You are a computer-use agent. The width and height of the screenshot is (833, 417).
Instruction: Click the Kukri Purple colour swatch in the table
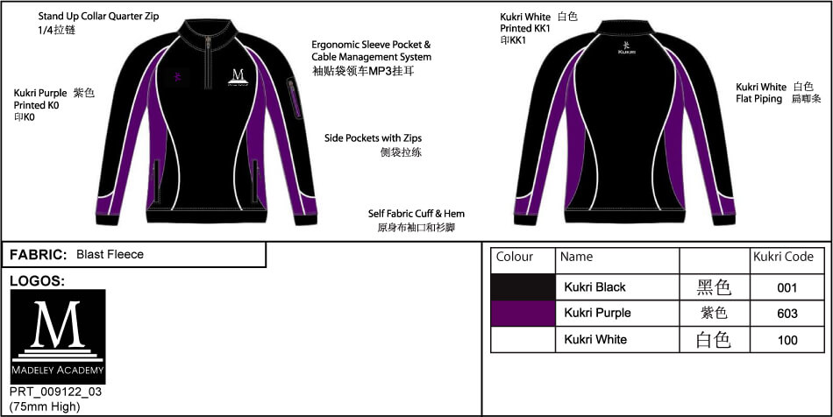[523, 313]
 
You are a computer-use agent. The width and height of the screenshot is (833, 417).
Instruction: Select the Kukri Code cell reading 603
[787, 314]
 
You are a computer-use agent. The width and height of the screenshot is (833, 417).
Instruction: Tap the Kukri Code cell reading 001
[787, 287]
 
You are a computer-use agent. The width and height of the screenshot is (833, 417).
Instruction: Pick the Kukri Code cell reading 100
[787, 340]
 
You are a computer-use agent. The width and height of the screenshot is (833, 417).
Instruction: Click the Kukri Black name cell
[595, 287]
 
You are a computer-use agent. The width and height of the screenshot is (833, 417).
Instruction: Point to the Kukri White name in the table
[595, 340]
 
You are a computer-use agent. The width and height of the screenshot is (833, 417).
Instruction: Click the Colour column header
[514, 257]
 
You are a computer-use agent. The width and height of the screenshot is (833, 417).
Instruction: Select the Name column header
[576, 257]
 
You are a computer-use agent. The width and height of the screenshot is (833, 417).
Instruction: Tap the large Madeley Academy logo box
[58, 336]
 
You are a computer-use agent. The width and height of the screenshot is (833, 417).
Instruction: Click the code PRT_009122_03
[56, 392]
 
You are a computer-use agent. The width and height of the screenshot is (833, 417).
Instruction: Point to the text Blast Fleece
[110, 255]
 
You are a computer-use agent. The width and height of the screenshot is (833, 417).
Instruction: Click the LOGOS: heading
[37, 281]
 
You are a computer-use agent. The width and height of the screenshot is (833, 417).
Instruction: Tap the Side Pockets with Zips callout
[373, 138]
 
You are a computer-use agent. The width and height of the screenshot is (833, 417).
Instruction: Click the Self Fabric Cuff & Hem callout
[416, 214]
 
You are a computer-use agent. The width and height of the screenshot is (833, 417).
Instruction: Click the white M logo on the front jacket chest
[238, 77]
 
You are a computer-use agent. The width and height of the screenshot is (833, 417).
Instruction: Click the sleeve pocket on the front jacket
[293, 98]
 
